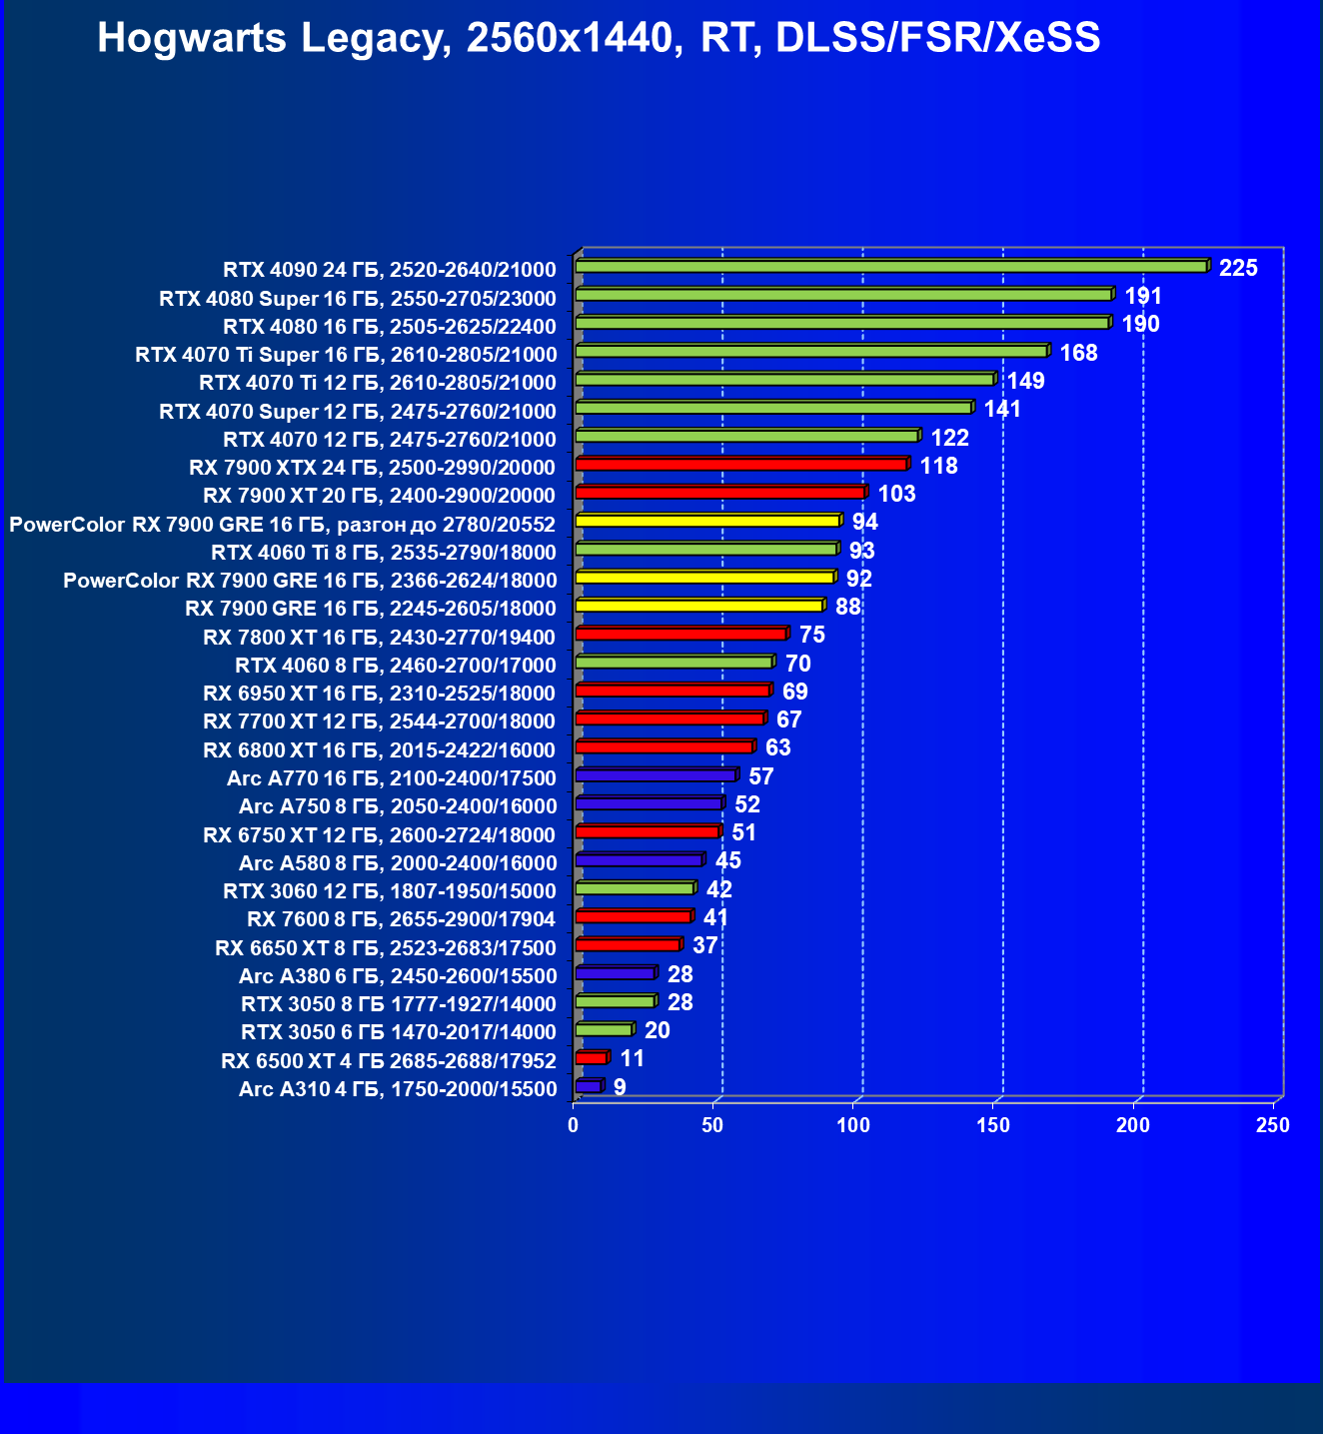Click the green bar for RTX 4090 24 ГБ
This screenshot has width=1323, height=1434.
click(x=890, y=267)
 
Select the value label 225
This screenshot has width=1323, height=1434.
click(x=1238, y=268)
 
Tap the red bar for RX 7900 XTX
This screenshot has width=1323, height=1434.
click(x=740, y=464)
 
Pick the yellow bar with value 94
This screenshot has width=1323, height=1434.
click(x=707, y=521)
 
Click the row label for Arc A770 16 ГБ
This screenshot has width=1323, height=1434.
click(x=391, y=778)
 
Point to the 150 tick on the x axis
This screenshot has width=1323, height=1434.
click(x=993, y=1125)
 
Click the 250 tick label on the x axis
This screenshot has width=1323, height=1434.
click(x=1273, y=1125)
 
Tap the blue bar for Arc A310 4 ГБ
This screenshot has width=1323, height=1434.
click(x=588, y=1086)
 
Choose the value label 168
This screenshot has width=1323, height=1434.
click(x=1078, y=353)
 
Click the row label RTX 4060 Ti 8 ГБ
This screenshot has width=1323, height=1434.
click(x=384, y=553)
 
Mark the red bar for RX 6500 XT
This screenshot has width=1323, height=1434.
click(x=591, y=1058)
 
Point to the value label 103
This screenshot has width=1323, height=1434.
click(x=896, y=494)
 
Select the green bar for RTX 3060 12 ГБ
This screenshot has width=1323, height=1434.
click(x=634, y=888)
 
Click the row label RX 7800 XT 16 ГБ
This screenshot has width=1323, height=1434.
click(x=379, y=638)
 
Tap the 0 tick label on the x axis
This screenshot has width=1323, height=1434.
click(x=573, y=1125)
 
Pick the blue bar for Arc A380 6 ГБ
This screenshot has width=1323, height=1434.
click(x=615, y=973)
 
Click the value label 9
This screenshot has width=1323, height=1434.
click(x=620, y=1087)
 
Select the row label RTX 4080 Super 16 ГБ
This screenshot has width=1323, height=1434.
click(x=357, y=298)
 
